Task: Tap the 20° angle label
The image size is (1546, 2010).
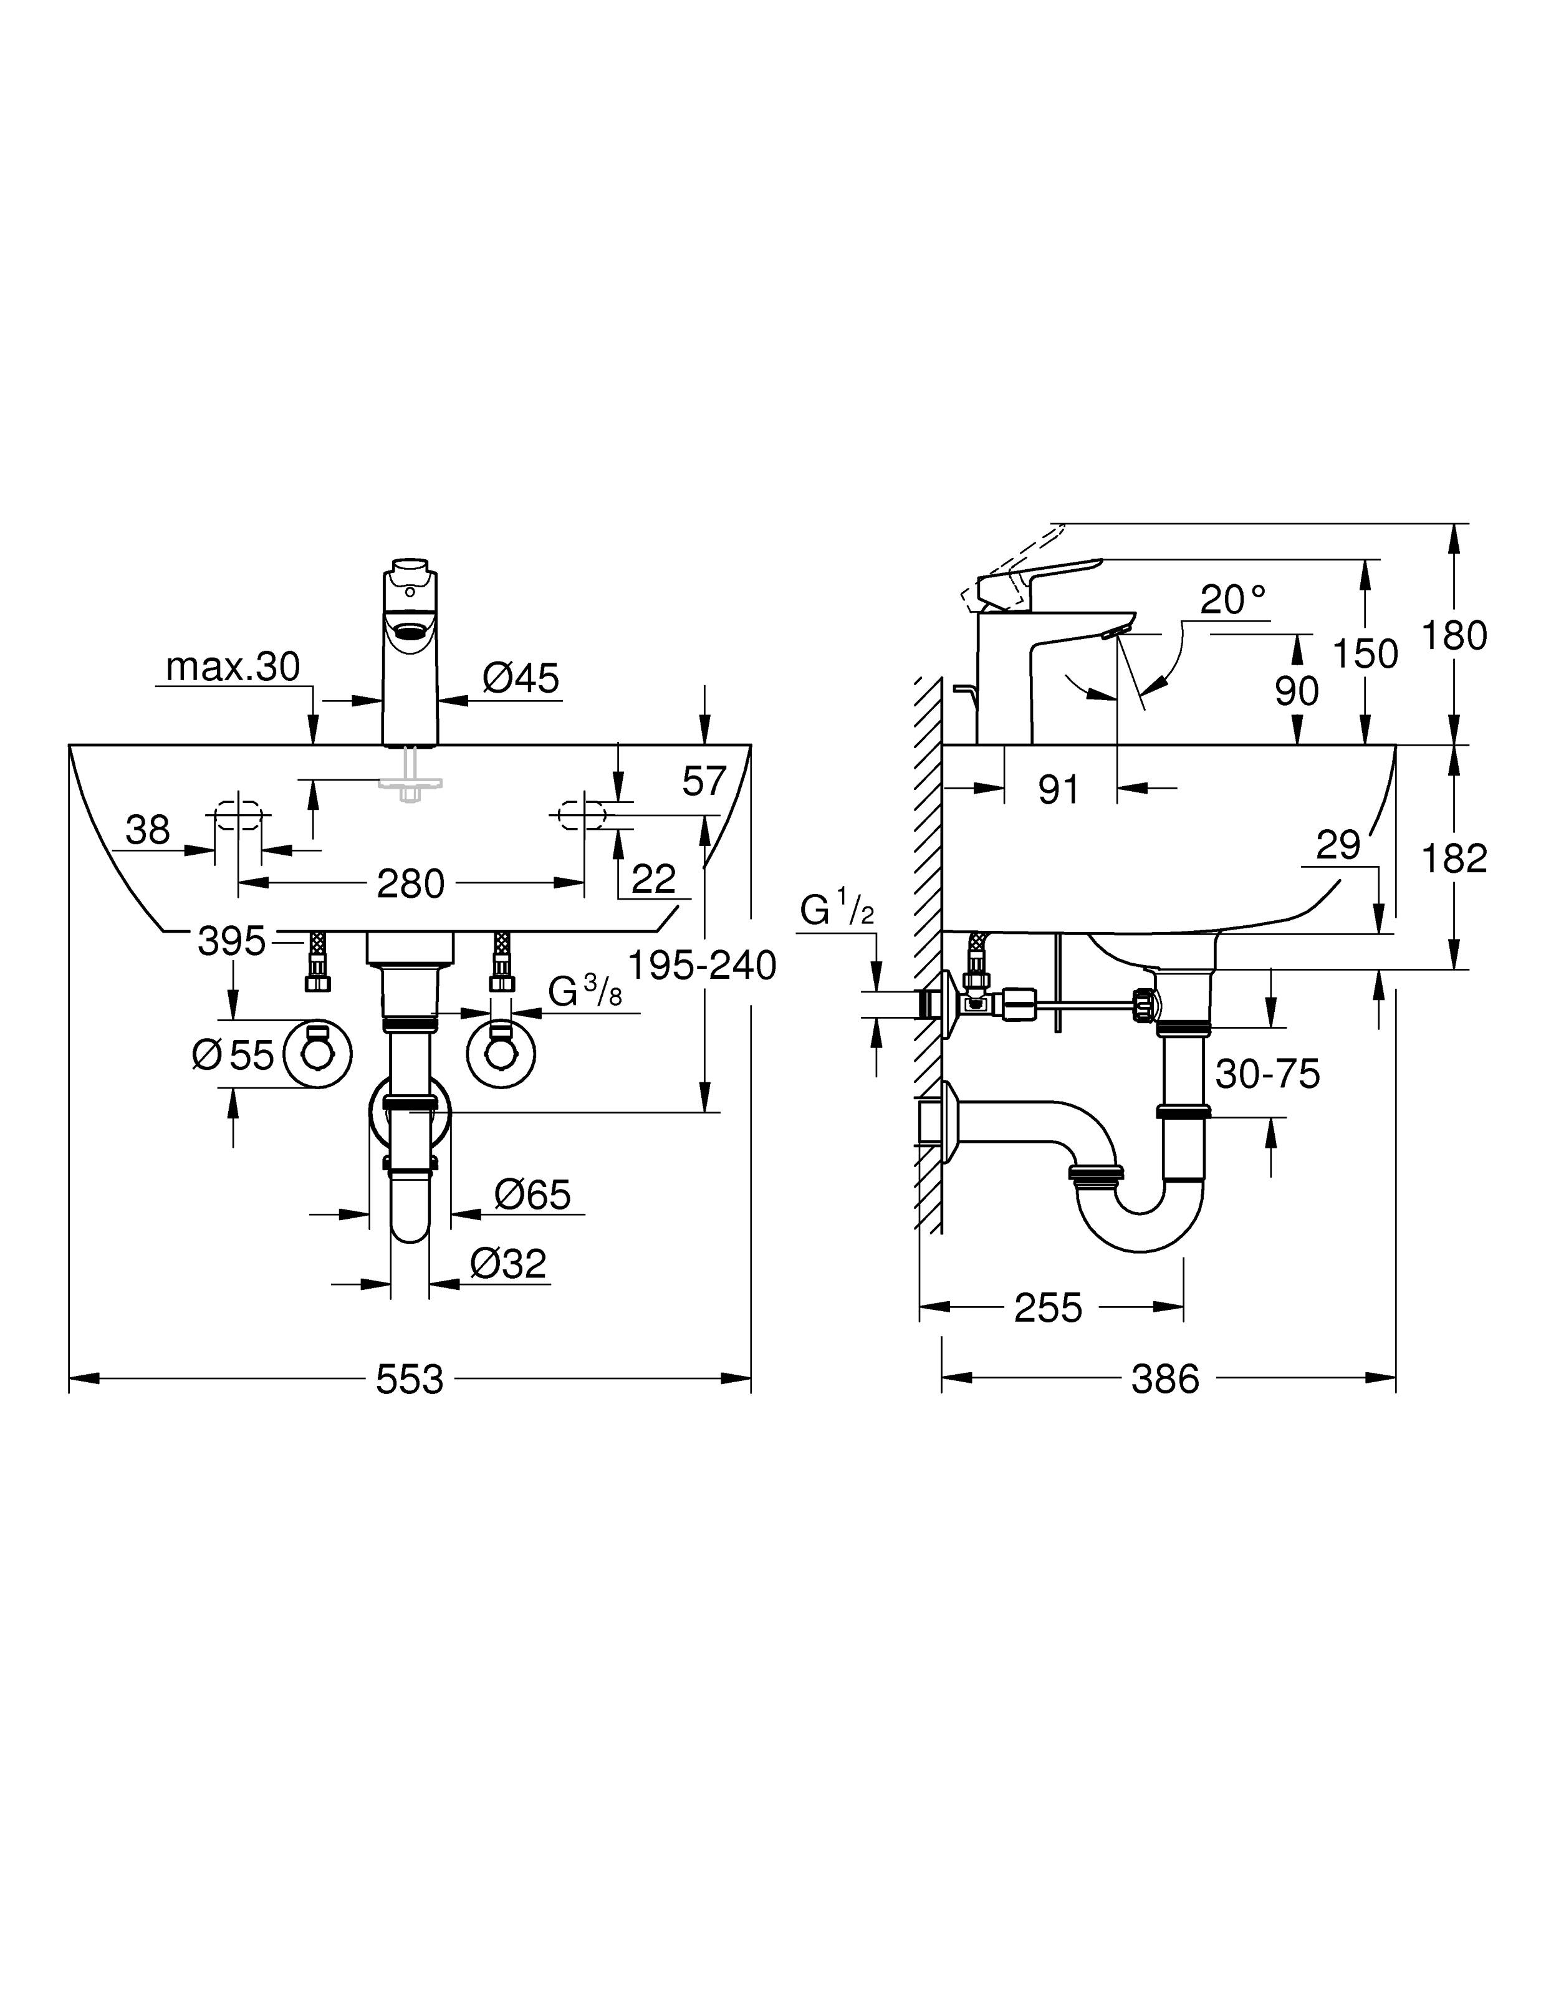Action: [x=1233, y=600]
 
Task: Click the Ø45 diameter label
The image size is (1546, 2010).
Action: [x=521, y=678]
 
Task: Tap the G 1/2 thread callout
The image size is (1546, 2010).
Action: [x=837, y=910]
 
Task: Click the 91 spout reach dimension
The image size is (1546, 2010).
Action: [x=1059, y=791]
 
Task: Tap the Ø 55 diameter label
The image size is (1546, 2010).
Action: [x=233, y=1055]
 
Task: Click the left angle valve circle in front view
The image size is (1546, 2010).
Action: [x=317, y=1055]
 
